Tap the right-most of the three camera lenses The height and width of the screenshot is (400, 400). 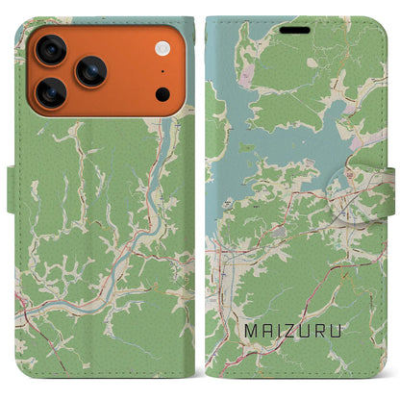pyautogui.click(x=91, y=70)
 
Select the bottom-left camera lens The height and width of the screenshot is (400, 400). pyautogui.click(x=49, y=91)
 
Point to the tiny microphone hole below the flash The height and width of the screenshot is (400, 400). pyautogui.click(x=162, y=71)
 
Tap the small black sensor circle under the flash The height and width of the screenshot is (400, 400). pyautogui.click(x=162, y=93)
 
